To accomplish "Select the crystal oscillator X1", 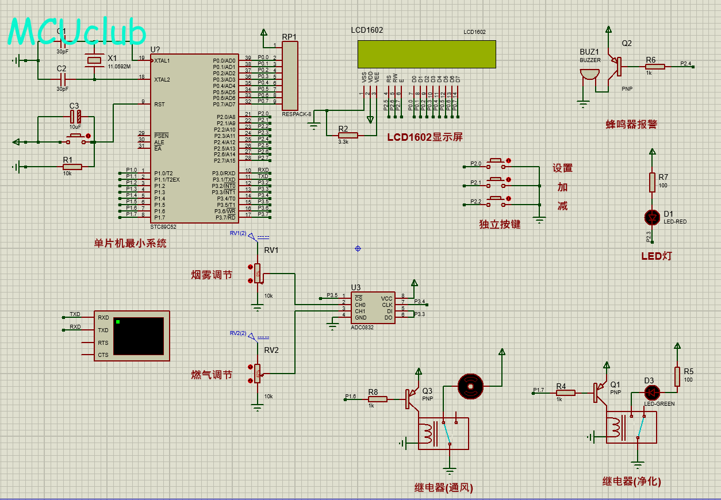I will pyautogui.click(x=93, y=60).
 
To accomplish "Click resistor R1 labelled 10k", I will pyautogui.click(x=72, y=167).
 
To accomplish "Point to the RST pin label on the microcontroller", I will pyautogui.click(x=159, y=104).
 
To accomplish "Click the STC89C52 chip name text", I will pyautogui.click(x=163, y=226).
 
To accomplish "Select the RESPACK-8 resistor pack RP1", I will pyautogui.click(x=290, y=76).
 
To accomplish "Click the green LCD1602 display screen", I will pyautogui.click(x=426, y=55).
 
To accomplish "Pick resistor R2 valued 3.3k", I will pyautogui.click(x=348, y=136).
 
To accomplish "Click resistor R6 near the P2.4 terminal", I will pyautogui.click(x=655, y=67).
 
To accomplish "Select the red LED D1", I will pyautogui.click(x=652, y=217).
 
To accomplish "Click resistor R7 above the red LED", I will pyautogui.click(x=652, y=182).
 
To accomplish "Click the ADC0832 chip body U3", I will pyautogui.click(x=373, y=307).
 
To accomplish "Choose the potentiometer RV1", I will pyautogui.click(x=257, y=274).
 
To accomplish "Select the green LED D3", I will pyautogui.click(x=651, y=393).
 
